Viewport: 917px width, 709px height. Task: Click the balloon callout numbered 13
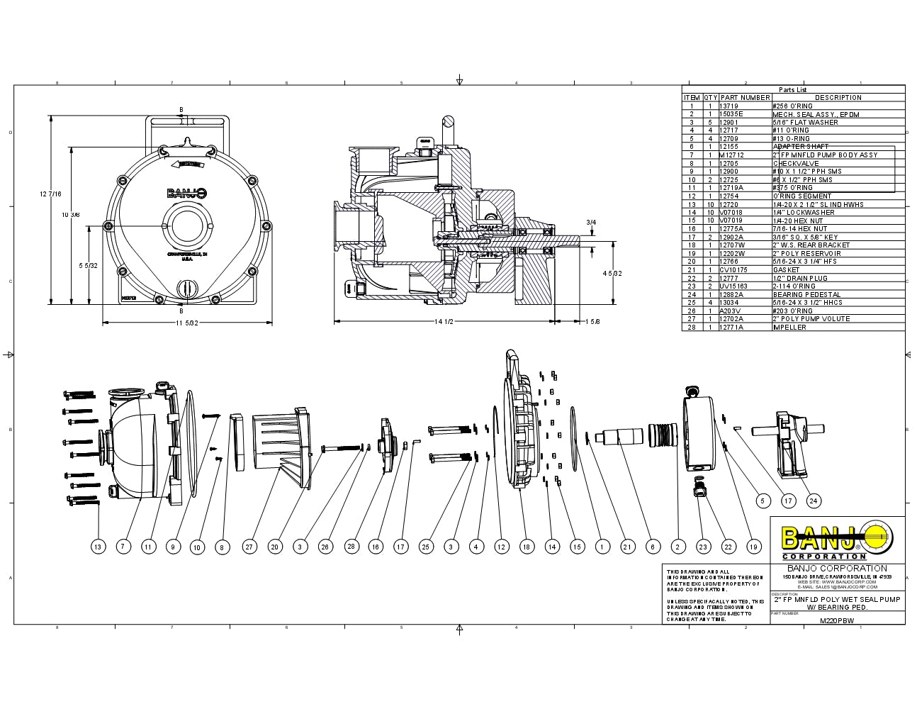(99, 547)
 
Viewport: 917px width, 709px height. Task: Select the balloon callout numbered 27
(249, 547)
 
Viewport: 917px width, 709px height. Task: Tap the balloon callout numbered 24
(813, 501)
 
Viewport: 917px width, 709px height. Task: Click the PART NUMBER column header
(745, 97)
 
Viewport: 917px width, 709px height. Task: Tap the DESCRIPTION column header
(838, 97)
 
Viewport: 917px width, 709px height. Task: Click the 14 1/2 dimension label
(444, 322)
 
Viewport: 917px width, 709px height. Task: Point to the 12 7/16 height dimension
(51, 194)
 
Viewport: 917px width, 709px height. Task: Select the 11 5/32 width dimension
(186, 323)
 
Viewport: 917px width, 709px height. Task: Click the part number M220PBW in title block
(836, 620)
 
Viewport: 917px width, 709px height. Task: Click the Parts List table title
(792, 89)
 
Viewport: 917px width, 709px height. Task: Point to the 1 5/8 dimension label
(592, 322)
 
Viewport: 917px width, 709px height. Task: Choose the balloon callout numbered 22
(728, 547)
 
